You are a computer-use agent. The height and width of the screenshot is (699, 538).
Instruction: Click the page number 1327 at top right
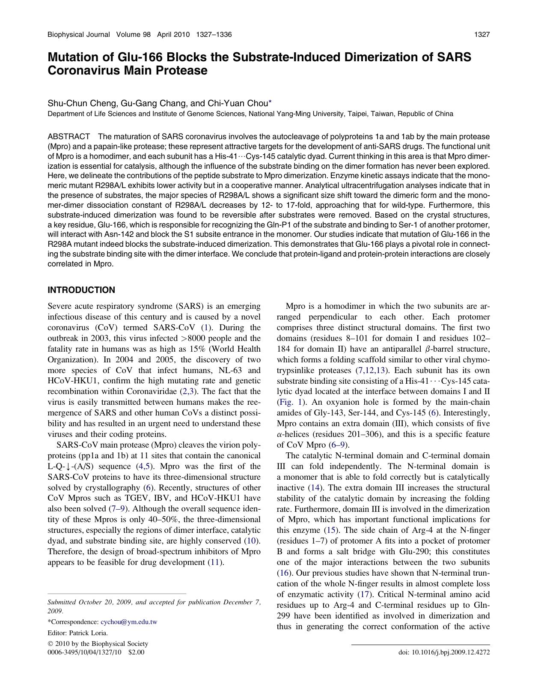pos(482,35)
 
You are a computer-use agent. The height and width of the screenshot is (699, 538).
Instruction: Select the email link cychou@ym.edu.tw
pos(129,622)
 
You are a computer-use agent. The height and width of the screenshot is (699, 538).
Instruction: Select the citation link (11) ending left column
pos(215,562)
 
